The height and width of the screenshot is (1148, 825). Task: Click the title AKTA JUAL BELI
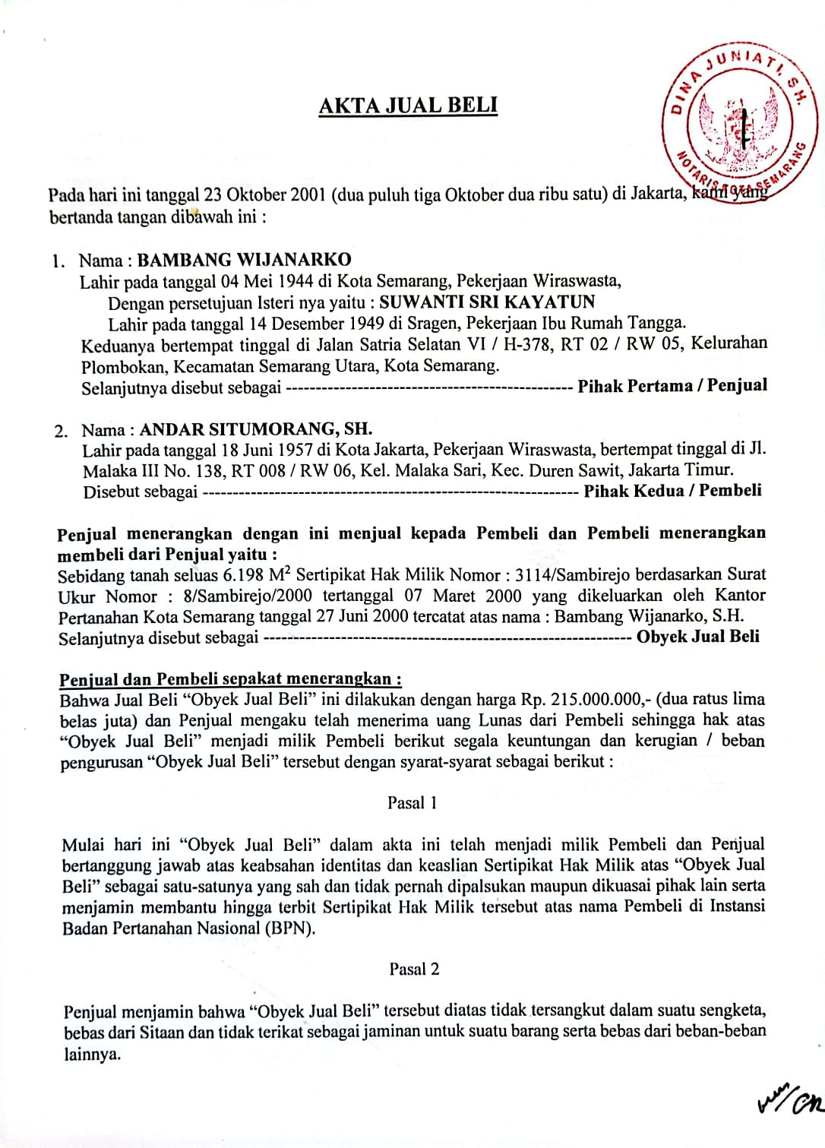[x=408, y=105]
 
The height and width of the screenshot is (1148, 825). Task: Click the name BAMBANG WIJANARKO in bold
[x=244, y=260]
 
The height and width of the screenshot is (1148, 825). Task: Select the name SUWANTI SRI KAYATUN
[x=487, y=302]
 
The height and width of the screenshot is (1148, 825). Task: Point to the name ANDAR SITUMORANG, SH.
[x=255, y=429]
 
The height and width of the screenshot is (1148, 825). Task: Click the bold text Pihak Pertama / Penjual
[x=672, y=385]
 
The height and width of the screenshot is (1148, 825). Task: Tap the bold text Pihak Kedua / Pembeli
[x=672, y=490]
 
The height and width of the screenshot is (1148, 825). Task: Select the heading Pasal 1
[x=412, y=802]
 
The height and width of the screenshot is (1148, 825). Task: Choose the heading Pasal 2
[x=414, y=969]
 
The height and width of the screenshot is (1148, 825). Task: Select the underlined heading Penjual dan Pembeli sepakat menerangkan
[x=230, y=678]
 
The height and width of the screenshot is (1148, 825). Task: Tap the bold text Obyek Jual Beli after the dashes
[x=697, y=637]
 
